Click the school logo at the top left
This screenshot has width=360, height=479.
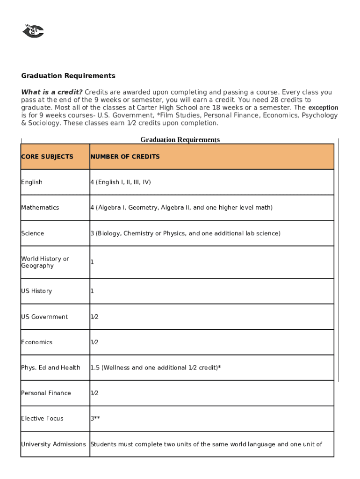click(33, 31)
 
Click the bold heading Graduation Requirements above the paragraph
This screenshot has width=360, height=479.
click(68, 76)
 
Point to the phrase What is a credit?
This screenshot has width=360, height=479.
click(52, 92)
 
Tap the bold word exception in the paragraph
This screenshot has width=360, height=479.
click(323, 108)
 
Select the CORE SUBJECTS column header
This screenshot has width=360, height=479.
click(47, 157)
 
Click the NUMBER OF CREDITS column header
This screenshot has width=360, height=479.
click(125, 157)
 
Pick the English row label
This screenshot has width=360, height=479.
click(32, 182)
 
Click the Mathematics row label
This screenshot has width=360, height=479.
click(40, 207)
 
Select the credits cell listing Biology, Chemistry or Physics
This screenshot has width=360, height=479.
click(185, 233)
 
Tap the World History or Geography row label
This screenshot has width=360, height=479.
click(45, 262)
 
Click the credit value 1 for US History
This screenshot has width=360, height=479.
click(92, 291)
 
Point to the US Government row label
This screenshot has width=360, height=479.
click(44, 317)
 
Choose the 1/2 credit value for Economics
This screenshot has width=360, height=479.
click(94, 342)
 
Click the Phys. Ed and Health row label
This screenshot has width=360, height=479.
click(50, 368)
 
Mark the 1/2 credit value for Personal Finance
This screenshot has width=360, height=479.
click(94, 393)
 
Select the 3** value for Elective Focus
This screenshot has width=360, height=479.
click(95, 418)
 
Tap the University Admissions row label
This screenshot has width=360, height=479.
click(53, 444)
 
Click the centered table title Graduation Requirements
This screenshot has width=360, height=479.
click(180, 139)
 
